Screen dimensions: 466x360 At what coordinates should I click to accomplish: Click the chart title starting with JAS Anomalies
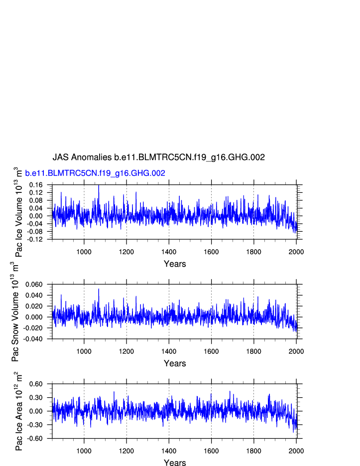(158, 157)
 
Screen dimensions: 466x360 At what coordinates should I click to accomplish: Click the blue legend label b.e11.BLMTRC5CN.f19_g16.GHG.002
(95, 173)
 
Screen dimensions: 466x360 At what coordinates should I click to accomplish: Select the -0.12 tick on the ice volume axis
(36, 239)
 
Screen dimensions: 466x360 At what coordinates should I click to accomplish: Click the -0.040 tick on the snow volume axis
(34, 339)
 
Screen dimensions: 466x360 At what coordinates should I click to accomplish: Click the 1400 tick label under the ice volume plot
(169, 251)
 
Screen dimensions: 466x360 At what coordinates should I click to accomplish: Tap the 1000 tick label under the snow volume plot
(84, 351)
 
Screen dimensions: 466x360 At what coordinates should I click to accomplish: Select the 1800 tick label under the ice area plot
(253, 451)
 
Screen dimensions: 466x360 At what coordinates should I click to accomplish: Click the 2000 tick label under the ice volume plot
(296, 251)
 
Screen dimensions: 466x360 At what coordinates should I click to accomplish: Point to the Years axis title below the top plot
(175, 264)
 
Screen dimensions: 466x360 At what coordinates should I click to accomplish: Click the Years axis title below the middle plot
(175, 364)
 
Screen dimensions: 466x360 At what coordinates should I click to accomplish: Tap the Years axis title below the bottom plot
(175, 463)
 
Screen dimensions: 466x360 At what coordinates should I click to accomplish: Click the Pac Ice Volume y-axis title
(18, 212)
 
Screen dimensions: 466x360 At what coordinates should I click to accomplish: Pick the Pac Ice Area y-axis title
(18, 411)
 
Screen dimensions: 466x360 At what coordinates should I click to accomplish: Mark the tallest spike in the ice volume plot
(99, 186)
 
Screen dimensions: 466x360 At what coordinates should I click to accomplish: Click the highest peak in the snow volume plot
(99, 289)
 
